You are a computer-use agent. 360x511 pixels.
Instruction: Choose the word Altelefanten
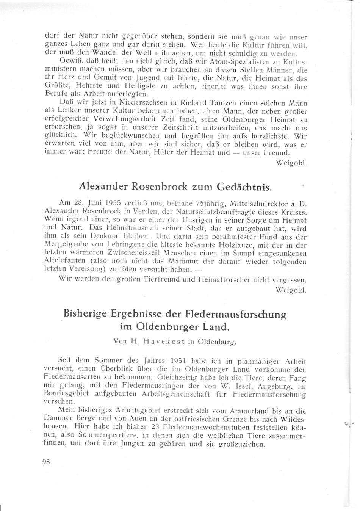click(64, 261)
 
